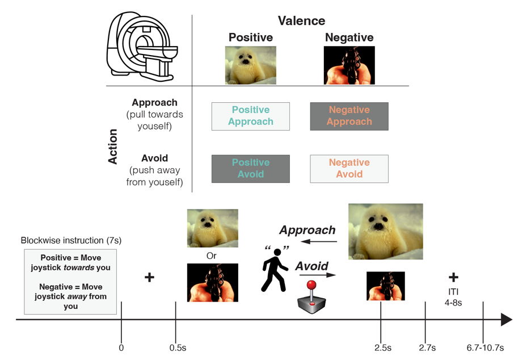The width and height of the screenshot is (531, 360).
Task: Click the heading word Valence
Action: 301,21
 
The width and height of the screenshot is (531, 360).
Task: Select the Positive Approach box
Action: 250,116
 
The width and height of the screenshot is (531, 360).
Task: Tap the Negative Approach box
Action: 349,116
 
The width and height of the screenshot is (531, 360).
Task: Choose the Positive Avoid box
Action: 250,169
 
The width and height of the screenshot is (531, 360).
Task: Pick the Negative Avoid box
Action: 349,169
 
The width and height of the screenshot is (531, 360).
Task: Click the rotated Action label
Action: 112,146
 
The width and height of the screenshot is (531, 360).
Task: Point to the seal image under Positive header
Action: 250,65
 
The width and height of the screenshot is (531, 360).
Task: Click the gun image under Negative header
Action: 349,65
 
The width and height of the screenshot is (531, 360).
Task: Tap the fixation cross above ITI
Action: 453,277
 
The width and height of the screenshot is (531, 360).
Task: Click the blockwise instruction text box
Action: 70,282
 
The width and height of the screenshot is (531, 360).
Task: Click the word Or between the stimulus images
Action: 212,256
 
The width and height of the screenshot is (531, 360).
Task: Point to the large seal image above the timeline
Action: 385,231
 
